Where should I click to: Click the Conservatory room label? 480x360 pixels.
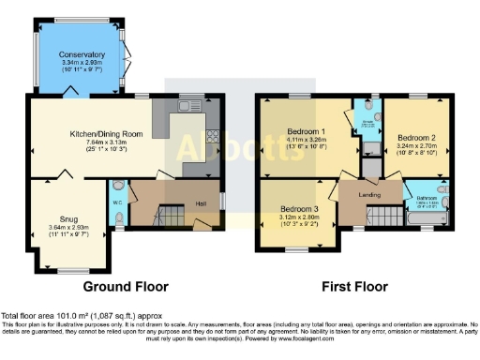(82, 55)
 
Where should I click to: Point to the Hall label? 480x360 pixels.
(201, 203)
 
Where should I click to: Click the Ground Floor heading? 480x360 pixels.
(126, 286)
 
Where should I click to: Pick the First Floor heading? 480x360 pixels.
(354, 286)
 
